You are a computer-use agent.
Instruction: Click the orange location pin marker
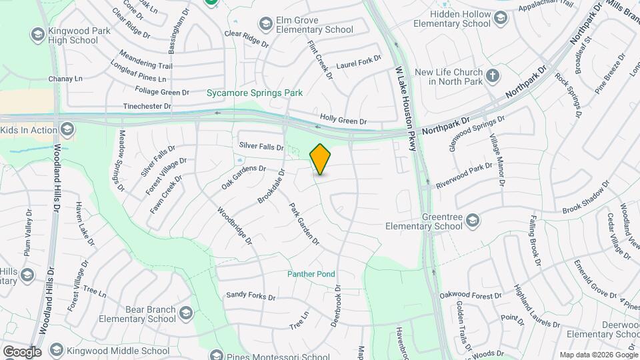321,159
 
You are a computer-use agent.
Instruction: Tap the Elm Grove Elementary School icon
267,24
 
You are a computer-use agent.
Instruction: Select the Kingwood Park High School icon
37,34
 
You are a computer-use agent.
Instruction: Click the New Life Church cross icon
493,75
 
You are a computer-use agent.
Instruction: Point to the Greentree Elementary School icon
472,220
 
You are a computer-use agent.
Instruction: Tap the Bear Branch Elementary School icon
185,313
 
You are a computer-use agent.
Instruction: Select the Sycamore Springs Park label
255,93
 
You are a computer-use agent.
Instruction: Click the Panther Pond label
311,274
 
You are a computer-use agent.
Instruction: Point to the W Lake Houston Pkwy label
405,106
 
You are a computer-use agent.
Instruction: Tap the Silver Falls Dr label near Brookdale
261,146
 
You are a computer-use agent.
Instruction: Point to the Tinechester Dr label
147,106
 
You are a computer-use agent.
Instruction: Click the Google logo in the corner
21,351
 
